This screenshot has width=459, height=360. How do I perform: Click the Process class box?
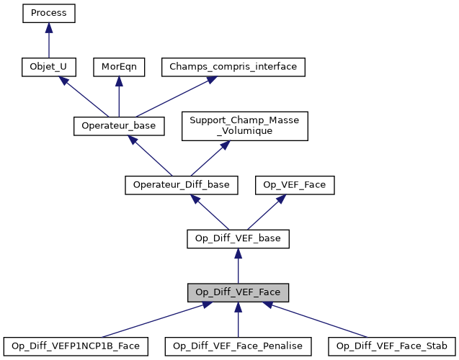click(x=48, y=13)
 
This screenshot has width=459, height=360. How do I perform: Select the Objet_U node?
click(x=48, y=67)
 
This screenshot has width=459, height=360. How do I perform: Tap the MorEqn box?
click(x=119, y=67)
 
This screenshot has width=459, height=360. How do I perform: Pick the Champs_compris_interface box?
click(x=233, y=67)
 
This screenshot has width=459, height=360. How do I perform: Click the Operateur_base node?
click(x=119, y=125)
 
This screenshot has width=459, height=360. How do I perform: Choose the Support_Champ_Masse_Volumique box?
click(x=245, y=125)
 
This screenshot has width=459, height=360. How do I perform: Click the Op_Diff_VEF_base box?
click(x=238, y=238)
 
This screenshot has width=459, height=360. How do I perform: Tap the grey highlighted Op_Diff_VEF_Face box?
click(x=238, y=292)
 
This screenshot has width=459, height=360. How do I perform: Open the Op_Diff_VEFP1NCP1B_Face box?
click(x=76, y=346)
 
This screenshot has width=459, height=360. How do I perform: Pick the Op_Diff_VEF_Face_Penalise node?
click(x=238, y=346)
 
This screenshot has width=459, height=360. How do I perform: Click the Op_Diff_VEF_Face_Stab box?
click(x=391, y=346)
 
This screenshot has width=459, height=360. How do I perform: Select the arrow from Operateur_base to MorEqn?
click(x=119, y=96)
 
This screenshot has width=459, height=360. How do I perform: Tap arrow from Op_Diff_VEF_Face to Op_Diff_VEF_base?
click(x=238, y=266)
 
